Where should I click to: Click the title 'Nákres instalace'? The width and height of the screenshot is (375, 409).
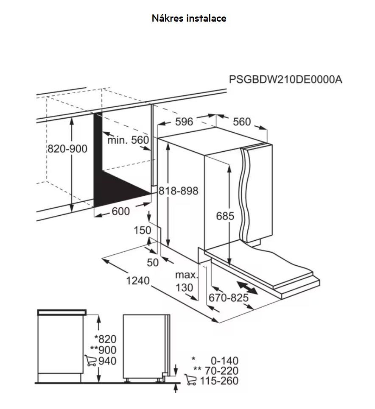click(x=189, y=18)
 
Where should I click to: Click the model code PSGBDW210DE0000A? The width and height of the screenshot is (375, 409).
click(x=285, y=79)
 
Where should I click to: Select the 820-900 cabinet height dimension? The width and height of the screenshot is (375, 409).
click(x=67, y=149)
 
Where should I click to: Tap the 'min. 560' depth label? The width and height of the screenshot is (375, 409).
click(x=128, y=140)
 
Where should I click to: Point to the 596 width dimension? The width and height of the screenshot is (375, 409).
click(x=184, y=122)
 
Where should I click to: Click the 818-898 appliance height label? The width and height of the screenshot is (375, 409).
click(x=178, y=191)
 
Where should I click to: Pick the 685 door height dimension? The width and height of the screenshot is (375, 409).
click(x=225, y=216)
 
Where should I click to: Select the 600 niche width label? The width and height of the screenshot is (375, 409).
click(x=120, y=211)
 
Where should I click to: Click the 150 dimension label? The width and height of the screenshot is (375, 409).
click(x=143, y=230)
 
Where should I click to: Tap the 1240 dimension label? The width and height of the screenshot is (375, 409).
click(x=138, y=281)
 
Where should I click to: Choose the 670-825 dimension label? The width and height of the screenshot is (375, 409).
click(x=229, y=298)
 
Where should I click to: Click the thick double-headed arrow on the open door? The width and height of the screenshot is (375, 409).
click(x=247, y=288)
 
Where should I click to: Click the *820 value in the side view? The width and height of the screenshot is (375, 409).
click(x=105, y=339)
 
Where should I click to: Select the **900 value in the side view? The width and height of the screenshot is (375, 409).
click(x=103, y=350)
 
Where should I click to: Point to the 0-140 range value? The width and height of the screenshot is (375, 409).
click(x=224, y=361)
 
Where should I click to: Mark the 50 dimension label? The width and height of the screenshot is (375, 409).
click(x=153, y=262)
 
